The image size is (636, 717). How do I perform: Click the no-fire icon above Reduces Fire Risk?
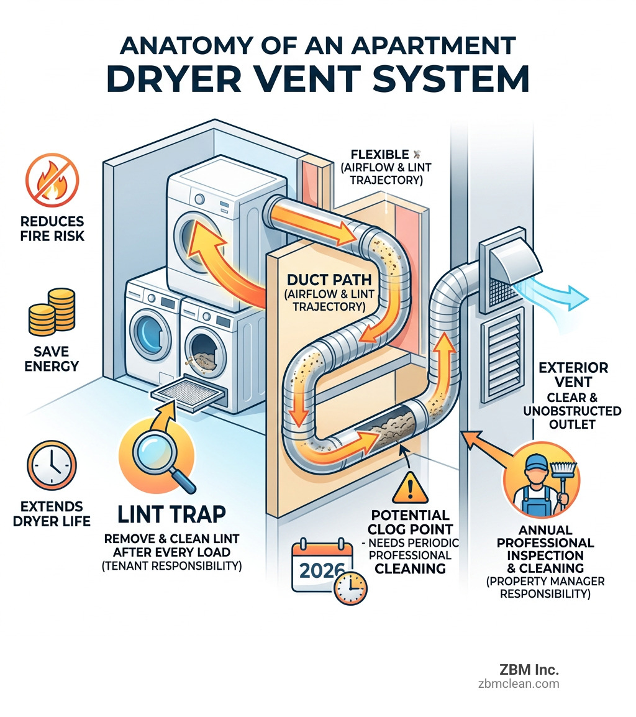pyautogui.click(x=52, y=180)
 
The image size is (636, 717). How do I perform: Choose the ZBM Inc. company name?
pyautogui.click(x=529, y=670)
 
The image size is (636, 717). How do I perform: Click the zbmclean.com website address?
pyautogui.click(x=519, y=683)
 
